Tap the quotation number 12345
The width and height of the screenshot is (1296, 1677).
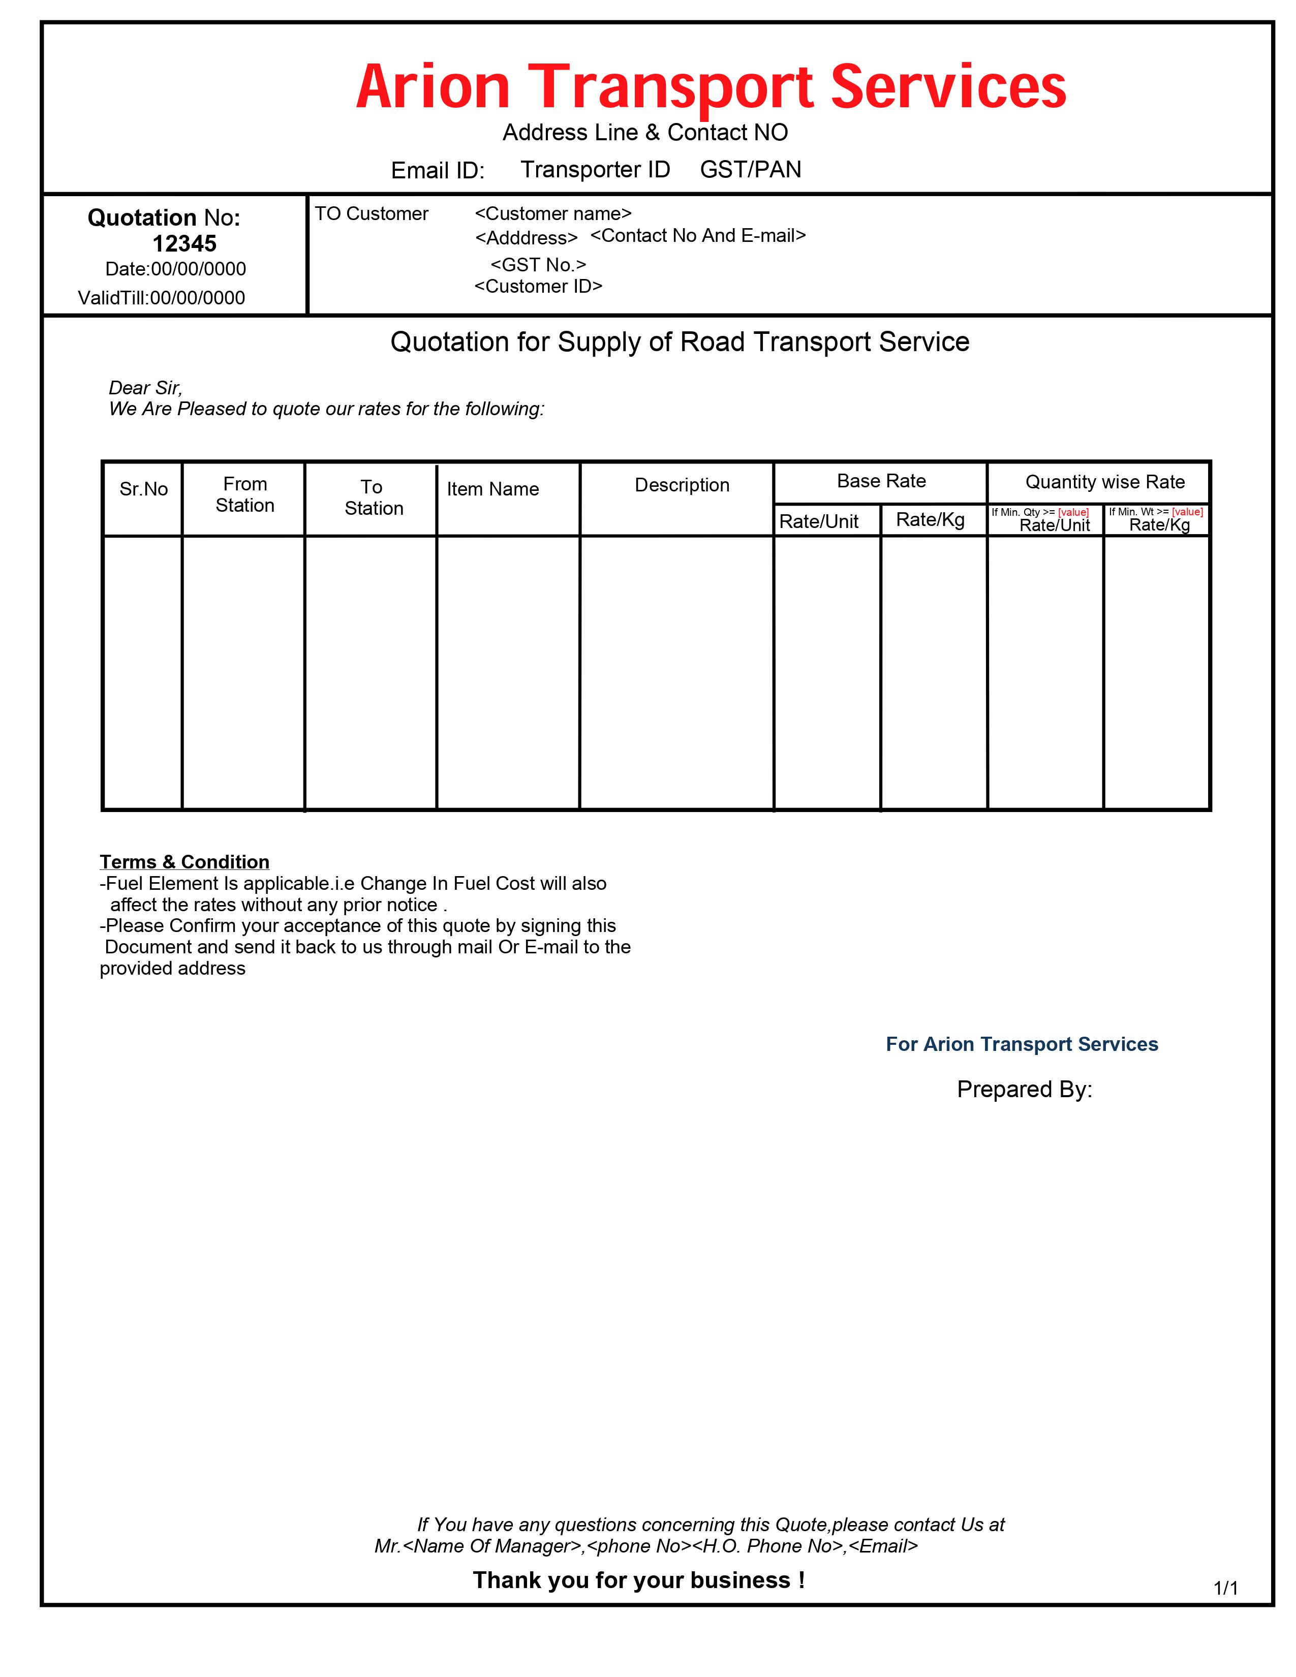[x=184, y=243]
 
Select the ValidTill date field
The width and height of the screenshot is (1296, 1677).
[x=161, y=298]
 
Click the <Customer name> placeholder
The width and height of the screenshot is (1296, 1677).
[x=553, y=213]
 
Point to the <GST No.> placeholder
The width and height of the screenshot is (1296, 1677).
[x=538, y=265]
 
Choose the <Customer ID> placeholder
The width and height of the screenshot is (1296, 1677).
[x=538, y=287]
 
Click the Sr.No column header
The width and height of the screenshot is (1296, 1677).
[x=143, y=489]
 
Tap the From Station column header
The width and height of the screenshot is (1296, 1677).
[x=245, y=494]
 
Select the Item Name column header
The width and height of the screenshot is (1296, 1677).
[x=493, y=489]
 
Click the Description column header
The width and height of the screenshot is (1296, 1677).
[x=682, y=485]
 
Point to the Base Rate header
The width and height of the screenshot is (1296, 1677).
[x=881, y=481]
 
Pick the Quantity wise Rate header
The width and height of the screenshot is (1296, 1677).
[x=1105, y=482]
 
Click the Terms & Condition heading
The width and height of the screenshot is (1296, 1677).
[x=184, y=861]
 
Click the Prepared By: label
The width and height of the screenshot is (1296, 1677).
[x=1024, y=1090]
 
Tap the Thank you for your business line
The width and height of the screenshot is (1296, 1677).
[x=638, y=1580]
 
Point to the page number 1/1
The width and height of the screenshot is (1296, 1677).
[x=1225, y=1588]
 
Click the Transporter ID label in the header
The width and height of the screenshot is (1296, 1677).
[x=595, y=170]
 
